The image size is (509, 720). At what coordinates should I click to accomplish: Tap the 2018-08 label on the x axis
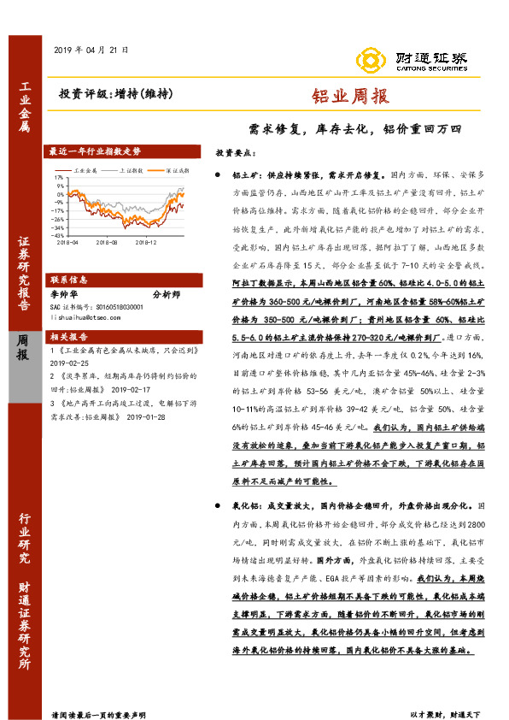[x=107, y=243]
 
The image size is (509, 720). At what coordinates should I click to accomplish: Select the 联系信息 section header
[x=69, y=280]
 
